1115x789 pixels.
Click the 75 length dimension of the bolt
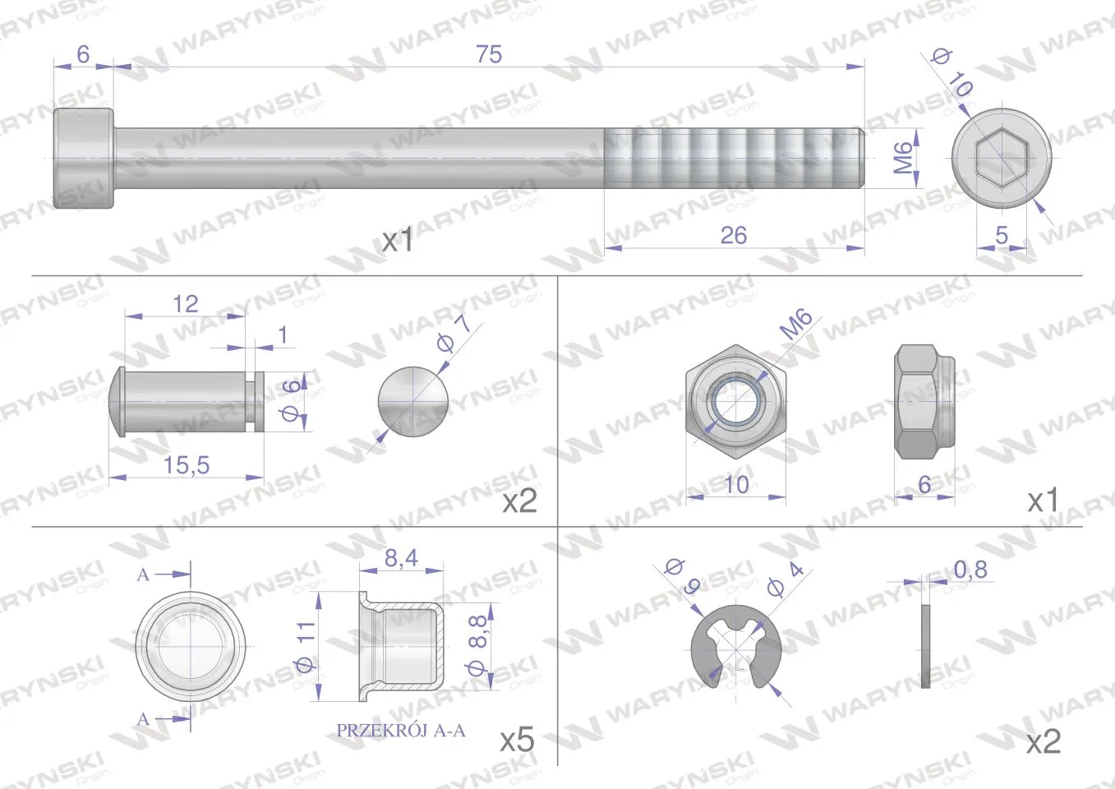(489, 54)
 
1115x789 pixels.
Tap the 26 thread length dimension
(734, 235)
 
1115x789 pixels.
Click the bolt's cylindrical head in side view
(84, 158)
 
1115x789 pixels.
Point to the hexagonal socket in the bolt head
(1001, 158)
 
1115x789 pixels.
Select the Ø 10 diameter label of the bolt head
(952, 73)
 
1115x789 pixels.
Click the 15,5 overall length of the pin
(187, 465)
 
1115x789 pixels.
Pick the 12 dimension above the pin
(185, 304)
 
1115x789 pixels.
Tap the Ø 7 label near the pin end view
(454, 334)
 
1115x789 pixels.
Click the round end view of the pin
(412, 402)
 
